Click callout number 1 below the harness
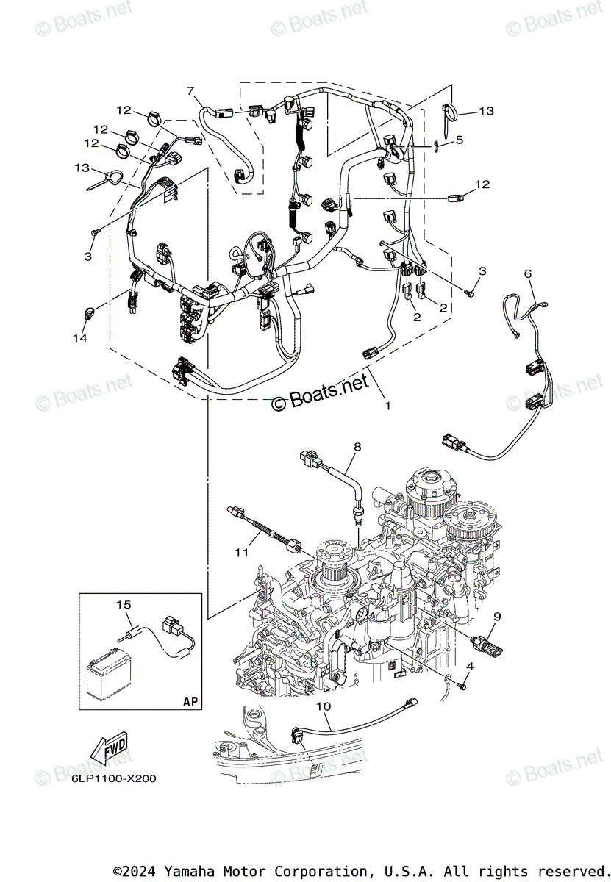click(387, 404)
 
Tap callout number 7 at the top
click(190, 91)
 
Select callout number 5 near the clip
click(459, 139)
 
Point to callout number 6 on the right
click(527, 273)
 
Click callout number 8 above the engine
click(357, 446)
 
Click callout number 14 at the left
click(79, 338)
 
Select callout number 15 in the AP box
click(124, 604)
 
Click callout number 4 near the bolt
click(470, 666)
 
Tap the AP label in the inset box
click(190, 701)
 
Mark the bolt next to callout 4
click(462, 685)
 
